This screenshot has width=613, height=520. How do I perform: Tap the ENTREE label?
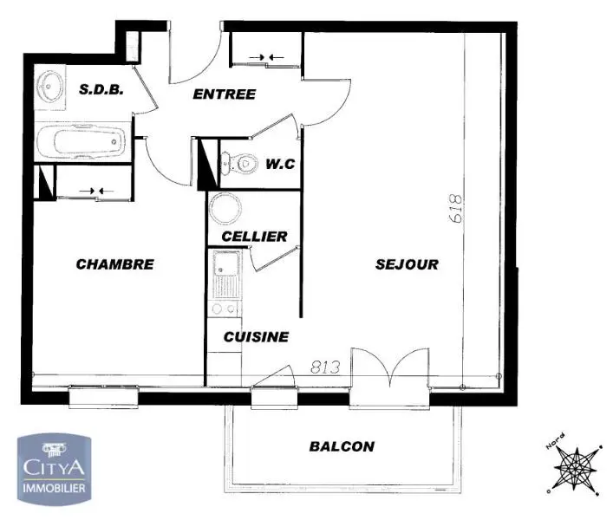224,94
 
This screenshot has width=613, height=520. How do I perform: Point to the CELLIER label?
254,236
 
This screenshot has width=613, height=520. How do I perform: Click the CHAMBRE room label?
114,264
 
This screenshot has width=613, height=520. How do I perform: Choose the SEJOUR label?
407,264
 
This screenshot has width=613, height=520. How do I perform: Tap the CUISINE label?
256,336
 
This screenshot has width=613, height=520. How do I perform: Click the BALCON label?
342,446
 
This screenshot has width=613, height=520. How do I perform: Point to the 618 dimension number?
457,210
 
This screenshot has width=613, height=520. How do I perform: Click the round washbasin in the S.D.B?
48,87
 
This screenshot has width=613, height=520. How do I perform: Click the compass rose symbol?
573,467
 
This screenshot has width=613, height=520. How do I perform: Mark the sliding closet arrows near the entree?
266,58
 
